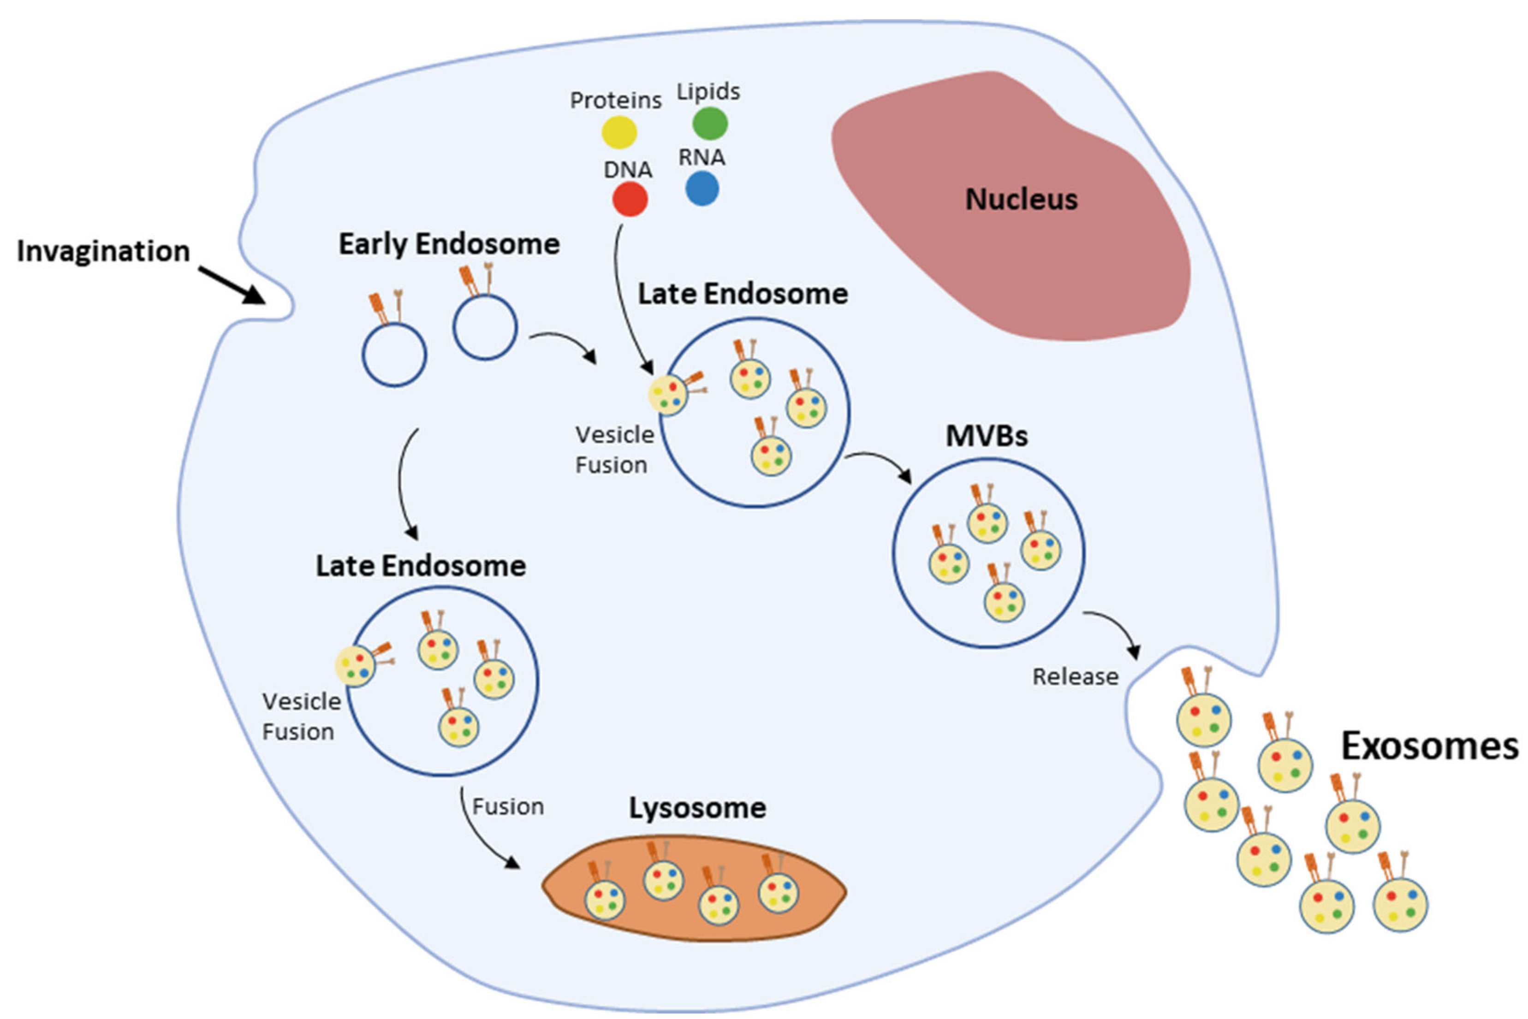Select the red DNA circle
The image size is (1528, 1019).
630,199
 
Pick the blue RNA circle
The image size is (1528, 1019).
702,189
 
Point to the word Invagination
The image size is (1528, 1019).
103,251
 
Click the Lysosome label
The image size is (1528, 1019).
697,808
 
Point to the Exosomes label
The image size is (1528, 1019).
1430,746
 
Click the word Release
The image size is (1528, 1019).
1076,676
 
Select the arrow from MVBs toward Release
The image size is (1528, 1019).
1115,630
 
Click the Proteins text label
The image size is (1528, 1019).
616,100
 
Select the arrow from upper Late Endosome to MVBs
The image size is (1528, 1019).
880,463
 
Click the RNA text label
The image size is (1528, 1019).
702,157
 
